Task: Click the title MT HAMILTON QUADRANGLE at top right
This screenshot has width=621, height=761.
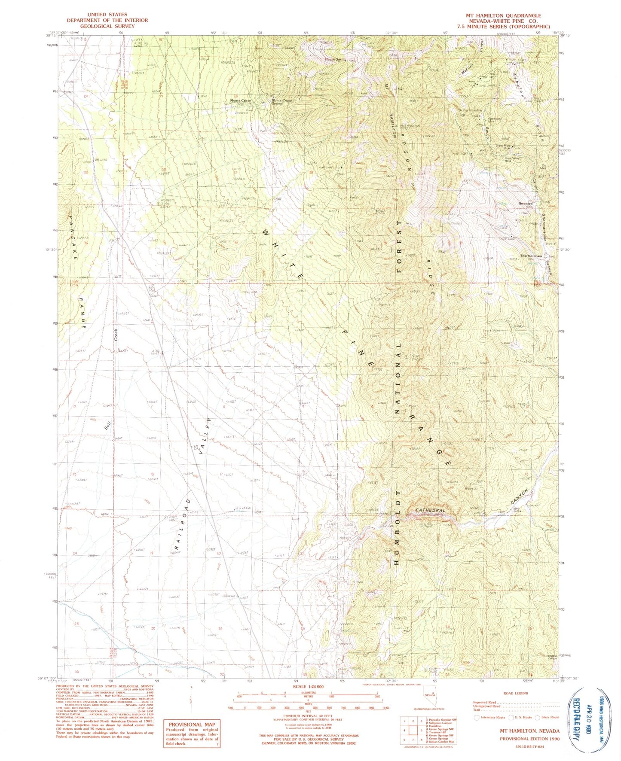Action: click(x=503, y=15)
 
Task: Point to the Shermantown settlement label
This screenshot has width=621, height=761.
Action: click(x=531, y=256)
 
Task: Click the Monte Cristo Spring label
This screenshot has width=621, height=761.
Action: click(x=281, y=102)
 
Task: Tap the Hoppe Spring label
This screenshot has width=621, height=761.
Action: click(x=335, y=59)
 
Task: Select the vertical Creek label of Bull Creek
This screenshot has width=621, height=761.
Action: click(x=116, y=335)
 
